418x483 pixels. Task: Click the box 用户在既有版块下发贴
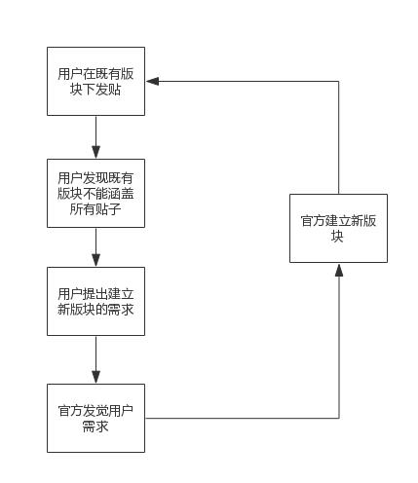point(95,81)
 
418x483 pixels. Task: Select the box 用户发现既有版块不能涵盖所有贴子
point(95,193)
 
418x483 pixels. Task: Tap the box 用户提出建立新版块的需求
point(95,301)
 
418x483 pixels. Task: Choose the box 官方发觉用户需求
point(95,418)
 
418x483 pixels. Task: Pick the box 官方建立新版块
point(338,228)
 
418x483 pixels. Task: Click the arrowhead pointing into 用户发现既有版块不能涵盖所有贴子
point(95,152)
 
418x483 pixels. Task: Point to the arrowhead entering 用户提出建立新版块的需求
point(95,260)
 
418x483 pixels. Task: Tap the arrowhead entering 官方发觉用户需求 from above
point(95,377)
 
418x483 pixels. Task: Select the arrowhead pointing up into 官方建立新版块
point(339,270)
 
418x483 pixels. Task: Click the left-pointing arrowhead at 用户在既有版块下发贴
point(152,81)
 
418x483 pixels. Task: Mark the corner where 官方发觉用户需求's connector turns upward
point(339,418)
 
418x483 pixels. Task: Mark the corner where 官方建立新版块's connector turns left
point(339,81)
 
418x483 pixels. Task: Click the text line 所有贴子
point(95,209)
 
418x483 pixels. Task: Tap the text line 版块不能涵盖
point(95,193)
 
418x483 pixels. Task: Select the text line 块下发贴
point(95,90)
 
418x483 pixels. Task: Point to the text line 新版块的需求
point(95,310)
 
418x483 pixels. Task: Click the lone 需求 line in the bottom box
point(95,427)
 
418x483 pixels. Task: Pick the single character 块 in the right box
point(338,237)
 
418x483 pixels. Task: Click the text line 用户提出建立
point(95,293)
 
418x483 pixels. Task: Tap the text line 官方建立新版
point(338,220)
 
